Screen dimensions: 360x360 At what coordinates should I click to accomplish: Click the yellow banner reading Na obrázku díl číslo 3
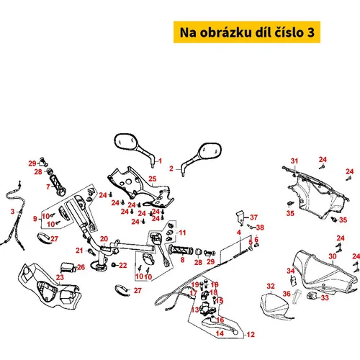click(x=247, y=32)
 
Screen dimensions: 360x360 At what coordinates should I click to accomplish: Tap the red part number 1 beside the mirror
click(x=160, y=161)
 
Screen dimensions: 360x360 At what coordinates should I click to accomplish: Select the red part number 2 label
click(x=171, y=168)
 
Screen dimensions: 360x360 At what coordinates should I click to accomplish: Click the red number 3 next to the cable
click(x=13, y=212)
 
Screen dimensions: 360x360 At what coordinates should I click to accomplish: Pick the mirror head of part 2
click(x=210, y=151)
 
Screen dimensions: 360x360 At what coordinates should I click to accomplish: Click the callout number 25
click(x=152, y=179)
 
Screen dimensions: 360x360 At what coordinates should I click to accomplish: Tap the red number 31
click(x=294, y=161)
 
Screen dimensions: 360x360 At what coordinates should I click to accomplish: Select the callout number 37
click(x=253, y=217)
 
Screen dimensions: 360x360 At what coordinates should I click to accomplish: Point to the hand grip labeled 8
click(x=181, y=251)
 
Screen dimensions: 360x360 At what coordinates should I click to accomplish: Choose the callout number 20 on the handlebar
click(x=104, y=239)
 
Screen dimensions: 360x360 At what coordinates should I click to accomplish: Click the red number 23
click(x=60, y=277)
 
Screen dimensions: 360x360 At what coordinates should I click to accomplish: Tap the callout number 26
click(x=81, y=267)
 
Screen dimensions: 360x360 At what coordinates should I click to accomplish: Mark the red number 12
click(x=251, y=334)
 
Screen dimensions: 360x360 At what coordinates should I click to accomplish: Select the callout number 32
click(x=271, y=286)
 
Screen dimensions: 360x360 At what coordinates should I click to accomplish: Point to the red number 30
click(x=333, y=256)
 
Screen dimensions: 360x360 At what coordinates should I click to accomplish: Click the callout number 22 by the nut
click(x=123, y=265)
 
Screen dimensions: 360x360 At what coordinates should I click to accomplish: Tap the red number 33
click(x=325, y=297)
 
